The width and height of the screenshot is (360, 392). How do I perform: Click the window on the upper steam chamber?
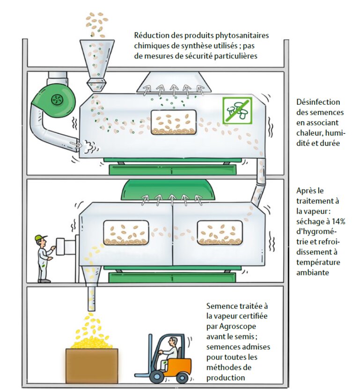tap(174, 123)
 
